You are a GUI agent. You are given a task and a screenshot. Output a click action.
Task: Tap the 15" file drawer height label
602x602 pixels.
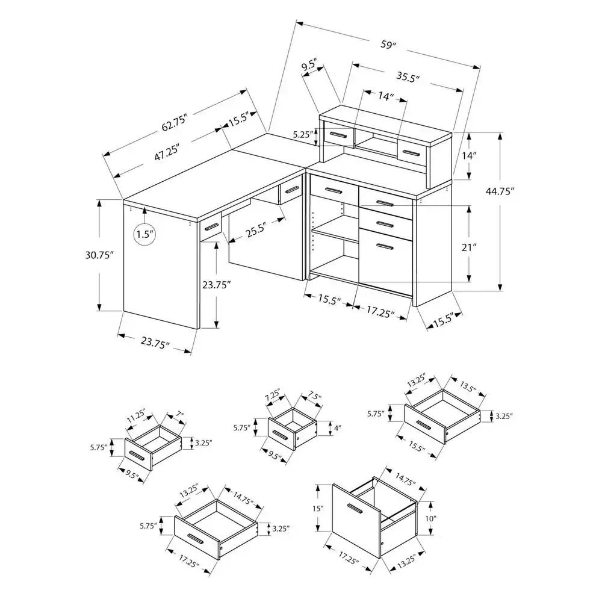pyautogui.click(x=318, y=509)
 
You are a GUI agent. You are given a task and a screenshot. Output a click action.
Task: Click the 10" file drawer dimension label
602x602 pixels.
pyautogui.click(x=430, y=518)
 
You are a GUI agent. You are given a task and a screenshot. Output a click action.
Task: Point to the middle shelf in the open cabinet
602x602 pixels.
pyautogui.click(x=334, y=232)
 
